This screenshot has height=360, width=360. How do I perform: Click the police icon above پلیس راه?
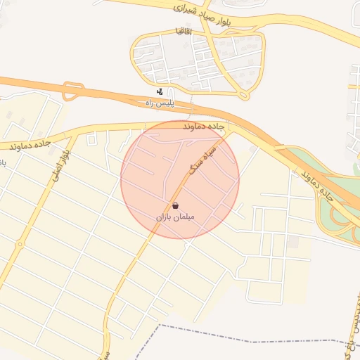coord(161,91)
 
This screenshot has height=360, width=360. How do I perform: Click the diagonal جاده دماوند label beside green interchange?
coord(322,184)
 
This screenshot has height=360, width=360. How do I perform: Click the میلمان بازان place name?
coord(174,219)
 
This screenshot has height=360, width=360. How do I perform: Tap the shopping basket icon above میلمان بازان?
coord(174,205)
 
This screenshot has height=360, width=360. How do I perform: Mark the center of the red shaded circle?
coord(180,180)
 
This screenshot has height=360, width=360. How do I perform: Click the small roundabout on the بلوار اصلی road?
coord(20,245)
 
